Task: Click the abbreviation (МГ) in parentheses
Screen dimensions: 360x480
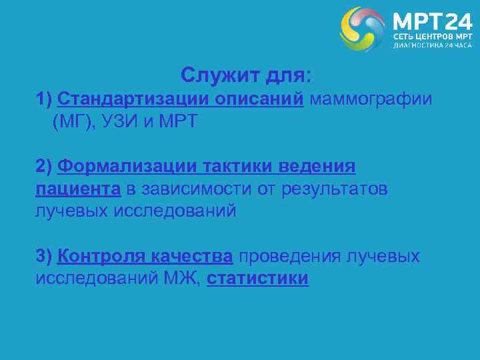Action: pos(72,123)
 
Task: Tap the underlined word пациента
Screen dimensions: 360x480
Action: pos(78,189)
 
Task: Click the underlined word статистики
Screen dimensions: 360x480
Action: pos(258,279)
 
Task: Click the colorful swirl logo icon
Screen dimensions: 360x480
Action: pos(363,29)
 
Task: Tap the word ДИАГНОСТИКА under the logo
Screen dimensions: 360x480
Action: pos(419,45)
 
